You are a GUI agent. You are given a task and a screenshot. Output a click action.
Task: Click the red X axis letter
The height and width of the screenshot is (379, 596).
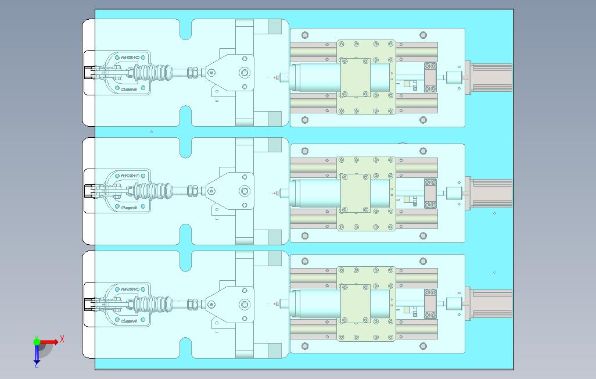click(62, 338)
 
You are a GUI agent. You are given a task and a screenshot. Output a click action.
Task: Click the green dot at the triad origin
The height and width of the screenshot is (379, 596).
click(37, 342)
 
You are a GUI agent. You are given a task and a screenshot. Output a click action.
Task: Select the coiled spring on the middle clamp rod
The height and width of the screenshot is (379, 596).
click(154, 190)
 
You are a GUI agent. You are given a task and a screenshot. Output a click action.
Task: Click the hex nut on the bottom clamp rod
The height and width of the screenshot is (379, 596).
click(193, 303)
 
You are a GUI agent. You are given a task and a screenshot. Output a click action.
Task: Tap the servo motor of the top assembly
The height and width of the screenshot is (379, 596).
click(491, 77)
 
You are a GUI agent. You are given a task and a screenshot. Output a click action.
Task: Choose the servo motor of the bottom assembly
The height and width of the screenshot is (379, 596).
click(491, 303)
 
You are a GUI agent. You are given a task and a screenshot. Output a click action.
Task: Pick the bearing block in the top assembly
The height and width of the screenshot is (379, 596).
click(430, 77)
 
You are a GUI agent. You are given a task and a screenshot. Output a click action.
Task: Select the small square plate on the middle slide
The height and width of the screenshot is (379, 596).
click(355, 193)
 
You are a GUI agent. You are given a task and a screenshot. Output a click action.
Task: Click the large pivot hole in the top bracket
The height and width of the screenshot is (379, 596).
click(245, 73)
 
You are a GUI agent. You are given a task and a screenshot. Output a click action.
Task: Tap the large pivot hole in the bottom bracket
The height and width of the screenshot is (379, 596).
click(245, 304)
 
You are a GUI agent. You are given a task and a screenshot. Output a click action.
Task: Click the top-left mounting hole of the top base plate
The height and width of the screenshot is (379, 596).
click(305, 35)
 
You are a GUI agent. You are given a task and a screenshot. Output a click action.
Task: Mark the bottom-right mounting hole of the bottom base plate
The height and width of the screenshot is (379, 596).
click(423, 346)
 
